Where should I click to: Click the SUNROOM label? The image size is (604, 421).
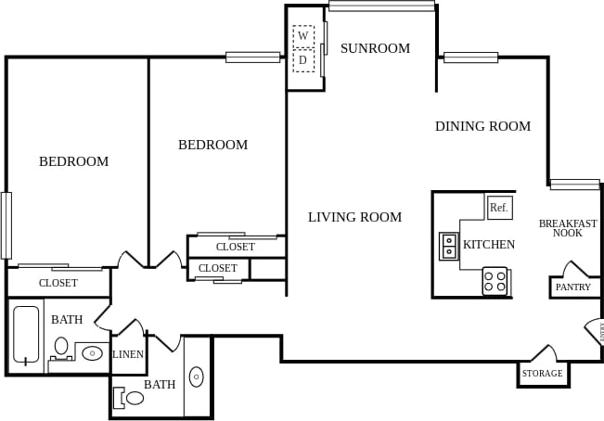[375, 48]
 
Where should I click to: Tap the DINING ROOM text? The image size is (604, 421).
[482, 126]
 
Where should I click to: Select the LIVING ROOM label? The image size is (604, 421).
[354, 217]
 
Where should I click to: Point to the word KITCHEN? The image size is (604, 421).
[489, 245]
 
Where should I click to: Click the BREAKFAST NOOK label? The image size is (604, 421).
[568, 228]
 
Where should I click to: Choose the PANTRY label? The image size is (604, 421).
[572, 287]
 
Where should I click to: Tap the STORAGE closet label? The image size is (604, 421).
[542, 374]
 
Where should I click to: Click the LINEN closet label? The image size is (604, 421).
[128, 354]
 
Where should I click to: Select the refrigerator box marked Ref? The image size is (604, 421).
[499, 208]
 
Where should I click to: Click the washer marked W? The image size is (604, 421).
[303, 36]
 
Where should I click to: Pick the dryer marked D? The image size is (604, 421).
[303, 60]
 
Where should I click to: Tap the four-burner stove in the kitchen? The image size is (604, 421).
[495, 281]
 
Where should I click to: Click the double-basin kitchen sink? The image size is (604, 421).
[449, 246]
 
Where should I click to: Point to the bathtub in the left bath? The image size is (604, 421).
[27, 335]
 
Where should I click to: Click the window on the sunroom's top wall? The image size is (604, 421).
[381, 6]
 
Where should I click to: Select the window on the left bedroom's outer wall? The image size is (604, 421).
[6, 224]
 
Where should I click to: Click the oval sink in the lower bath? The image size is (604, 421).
[196, 376]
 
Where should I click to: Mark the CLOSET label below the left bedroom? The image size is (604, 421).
[58, 283]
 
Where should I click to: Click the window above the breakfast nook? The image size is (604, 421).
[574, 185]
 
